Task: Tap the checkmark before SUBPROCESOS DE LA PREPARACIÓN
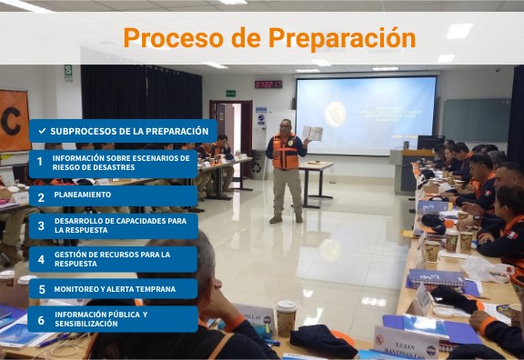(42, 131)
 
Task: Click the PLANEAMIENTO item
(83, 195)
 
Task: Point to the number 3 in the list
(40, 225)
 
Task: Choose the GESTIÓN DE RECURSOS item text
(112, 259)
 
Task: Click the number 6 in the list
(40, 319)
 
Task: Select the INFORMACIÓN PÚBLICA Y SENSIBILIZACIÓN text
(100, 319)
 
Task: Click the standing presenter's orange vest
(285, 154)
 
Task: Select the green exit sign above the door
(231, 93)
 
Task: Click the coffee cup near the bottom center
(286, 317)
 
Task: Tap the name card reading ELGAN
(406, 344)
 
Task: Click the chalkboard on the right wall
(476, 119)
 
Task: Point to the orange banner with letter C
(14, 119)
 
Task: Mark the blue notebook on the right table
(436, 278)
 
